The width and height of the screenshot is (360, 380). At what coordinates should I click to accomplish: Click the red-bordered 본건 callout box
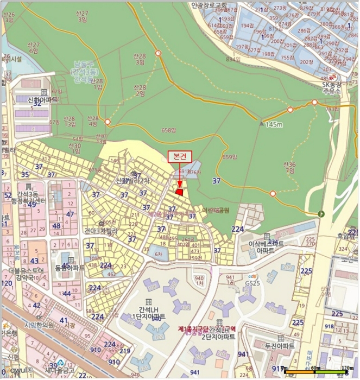[x=180, y=156]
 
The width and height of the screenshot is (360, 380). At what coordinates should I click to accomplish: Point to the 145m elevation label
[x=274, y=124]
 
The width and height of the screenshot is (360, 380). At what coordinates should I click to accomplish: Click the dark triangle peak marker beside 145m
[x=262, y=123]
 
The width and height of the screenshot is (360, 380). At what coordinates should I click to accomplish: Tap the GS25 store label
[x=251, y=284]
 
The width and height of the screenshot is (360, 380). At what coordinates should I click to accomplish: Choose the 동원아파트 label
[x=70, y=268]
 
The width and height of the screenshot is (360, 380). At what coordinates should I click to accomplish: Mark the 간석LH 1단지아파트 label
[x=148, y=313]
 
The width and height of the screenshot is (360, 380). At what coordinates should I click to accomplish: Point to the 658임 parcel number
[x=169, y=130]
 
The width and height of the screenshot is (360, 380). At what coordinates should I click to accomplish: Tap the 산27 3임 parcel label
[x=83, y=16]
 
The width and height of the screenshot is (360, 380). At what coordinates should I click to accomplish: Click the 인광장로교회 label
[x=209, y=5]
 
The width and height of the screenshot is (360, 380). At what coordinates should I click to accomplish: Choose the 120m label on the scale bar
[x=345, y=368]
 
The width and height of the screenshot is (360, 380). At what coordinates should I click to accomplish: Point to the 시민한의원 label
[x=39, y=326]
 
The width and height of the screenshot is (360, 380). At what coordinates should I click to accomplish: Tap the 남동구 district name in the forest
[x=86, y=66]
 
